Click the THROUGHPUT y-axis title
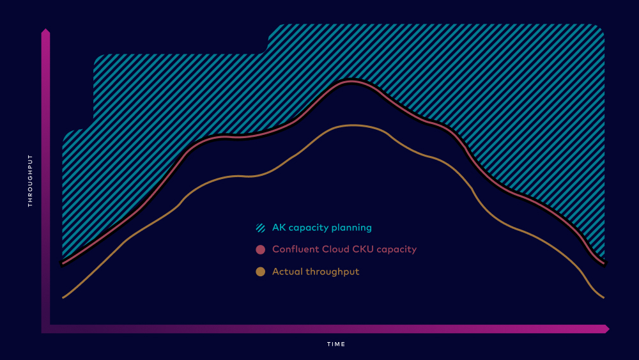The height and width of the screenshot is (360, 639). point(30,180)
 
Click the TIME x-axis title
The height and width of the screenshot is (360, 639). point(336,344)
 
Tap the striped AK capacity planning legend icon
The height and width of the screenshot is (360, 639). point(261,228)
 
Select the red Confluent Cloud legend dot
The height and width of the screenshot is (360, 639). point(261,249)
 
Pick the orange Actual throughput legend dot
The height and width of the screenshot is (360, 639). point(261,272)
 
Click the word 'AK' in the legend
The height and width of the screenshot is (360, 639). point(279,228)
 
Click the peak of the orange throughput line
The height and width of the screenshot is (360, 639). point(353,125)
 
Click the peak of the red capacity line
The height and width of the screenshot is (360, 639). point(351,82)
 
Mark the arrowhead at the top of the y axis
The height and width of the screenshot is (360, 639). point(45,31)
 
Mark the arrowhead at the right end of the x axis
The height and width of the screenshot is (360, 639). point(607,329)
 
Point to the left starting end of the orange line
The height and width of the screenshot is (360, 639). point(63,297)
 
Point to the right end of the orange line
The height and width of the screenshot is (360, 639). point(604,297)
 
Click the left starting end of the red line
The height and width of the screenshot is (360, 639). point(63,263)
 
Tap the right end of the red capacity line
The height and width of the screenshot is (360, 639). point(604,263)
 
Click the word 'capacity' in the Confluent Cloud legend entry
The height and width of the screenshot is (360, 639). point(397,250)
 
